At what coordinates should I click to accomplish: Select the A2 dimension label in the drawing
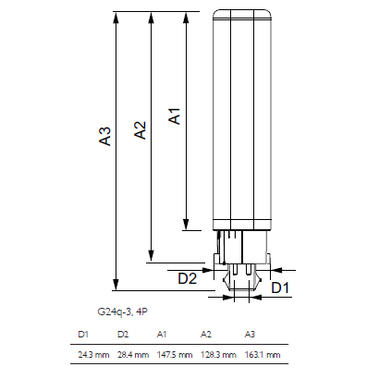[141, 129]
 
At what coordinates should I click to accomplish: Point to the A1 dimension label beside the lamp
[175, 116]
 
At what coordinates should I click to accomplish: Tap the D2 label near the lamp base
[188, 278]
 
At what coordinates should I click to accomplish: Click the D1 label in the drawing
[280, 287]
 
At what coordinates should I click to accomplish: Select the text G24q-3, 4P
[122, 312]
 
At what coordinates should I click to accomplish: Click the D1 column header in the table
[83, 335]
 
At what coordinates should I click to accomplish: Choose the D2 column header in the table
[123, 335]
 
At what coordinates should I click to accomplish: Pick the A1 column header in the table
[162, 335]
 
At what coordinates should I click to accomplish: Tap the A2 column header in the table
[206, 335]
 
